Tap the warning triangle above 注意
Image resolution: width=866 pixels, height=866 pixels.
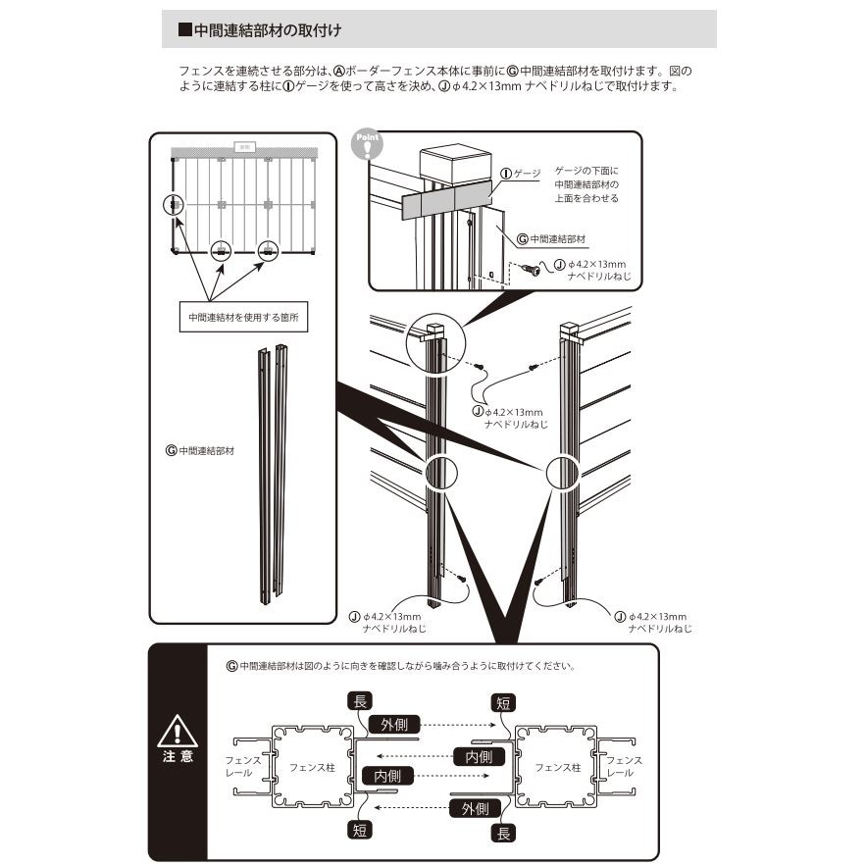click(x=178, y=732)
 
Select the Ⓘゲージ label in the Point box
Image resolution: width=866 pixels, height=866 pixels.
click(x=521, y=173)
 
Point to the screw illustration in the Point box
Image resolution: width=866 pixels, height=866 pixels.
click(x=531, y=269)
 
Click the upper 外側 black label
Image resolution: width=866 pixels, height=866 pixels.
click(x=395, y=724)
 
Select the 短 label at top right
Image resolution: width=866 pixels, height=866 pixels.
click(x=503, y=702)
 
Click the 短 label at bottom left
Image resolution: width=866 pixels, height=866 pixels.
click(x=360, y=829)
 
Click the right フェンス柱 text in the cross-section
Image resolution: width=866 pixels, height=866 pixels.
click(x=554, y=767)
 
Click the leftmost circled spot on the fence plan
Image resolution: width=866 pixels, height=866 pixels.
click(x=173, y=205)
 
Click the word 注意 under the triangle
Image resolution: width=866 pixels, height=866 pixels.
click(x=178, y=756)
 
